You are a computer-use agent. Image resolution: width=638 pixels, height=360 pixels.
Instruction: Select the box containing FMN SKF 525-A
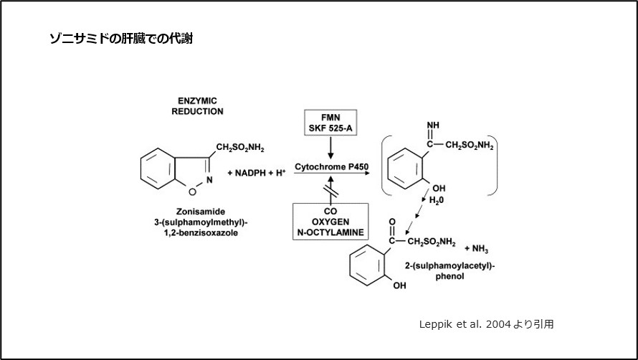point(330,122)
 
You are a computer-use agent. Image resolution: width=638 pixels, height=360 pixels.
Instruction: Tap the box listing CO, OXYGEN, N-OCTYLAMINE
point(330,222)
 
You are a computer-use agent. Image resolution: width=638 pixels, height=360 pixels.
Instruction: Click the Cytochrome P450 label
point(330,166)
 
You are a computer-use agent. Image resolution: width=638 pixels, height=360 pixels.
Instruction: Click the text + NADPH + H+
point(257,173)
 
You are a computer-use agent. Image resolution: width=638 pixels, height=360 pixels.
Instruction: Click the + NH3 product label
point(477,248)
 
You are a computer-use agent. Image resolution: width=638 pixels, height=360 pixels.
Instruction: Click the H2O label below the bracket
point(436,201)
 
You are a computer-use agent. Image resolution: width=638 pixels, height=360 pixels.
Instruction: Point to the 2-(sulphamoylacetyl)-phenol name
point(449,270)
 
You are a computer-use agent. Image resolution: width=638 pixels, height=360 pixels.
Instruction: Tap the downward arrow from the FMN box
point(330,148)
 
